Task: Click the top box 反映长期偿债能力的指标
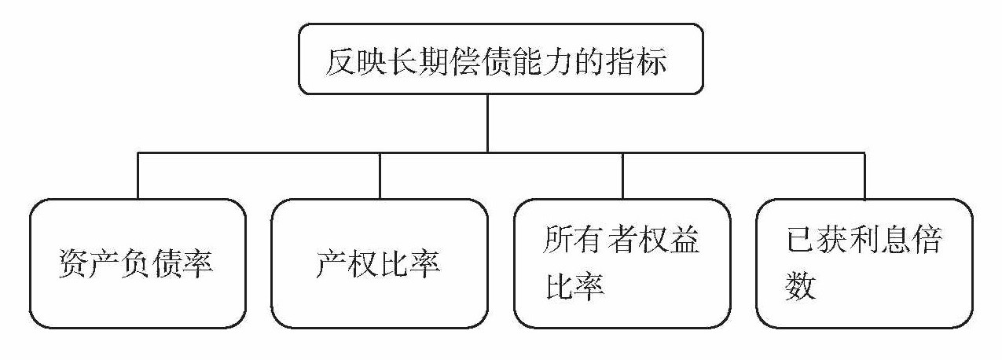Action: click(501, 59)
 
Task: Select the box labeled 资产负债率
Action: click(138, 263)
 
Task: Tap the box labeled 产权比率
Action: click(380, 263)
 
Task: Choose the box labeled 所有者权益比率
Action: click(622, 263)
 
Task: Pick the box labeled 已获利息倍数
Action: click(864, 263)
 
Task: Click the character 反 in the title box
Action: click(340, 61)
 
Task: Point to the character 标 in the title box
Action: click(651, 61)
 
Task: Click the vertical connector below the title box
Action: click(487, 123)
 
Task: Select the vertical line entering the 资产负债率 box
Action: click(138, 174)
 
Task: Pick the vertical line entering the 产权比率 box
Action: click(380, 174)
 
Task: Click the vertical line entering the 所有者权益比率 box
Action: click(622, 174)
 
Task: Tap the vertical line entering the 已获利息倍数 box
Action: click(864, 174)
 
